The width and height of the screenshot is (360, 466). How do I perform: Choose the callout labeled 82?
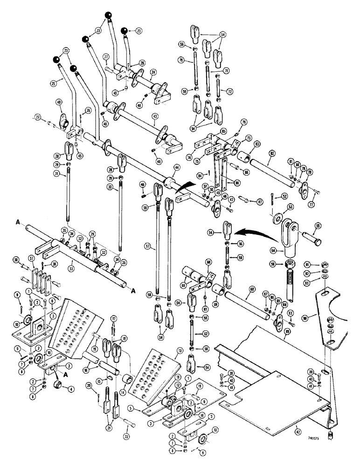point(271,153)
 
